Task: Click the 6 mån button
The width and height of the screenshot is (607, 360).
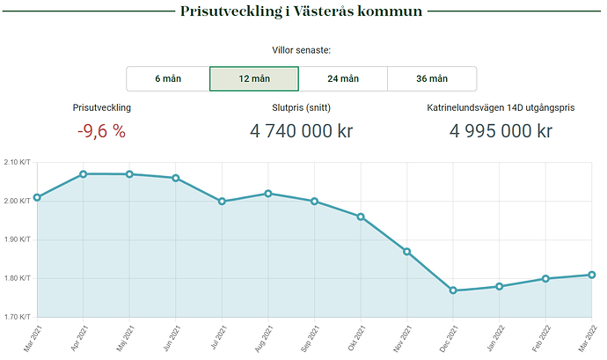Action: [x=168, y=78]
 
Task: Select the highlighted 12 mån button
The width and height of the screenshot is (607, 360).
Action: [x=254, y=78]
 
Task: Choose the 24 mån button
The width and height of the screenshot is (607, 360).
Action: [x=343, y=78]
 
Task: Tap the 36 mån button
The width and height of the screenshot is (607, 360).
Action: [x=432, y=78]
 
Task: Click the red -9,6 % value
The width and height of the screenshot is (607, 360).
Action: [x=101, y=131]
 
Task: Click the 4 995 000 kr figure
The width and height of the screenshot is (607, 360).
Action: [x=501, y=131]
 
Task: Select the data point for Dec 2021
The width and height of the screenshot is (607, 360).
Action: [x=453, y=290]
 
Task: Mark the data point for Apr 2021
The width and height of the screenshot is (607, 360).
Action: [x=83, y=174]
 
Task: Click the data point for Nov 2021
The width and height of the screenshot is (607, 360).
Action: [x=406, y=251]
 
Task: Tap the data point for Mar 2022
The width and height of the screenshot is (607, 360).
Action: [x=592, y=275]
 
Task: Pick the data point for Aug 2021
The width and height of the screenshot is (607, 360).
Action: [x=268, y=194]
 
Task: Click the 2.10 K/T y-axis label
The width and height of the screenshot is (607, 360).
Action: [x=17, y=162]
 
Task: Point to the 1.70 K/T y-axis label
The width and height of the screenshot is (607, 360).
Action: [x=17, y=316]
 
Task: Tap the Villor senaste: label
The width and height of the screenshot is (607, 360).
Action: [x=301, y=50]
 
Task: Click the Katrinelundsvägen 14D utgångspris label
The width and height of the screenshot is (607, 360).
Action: [x=501, y=107]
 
